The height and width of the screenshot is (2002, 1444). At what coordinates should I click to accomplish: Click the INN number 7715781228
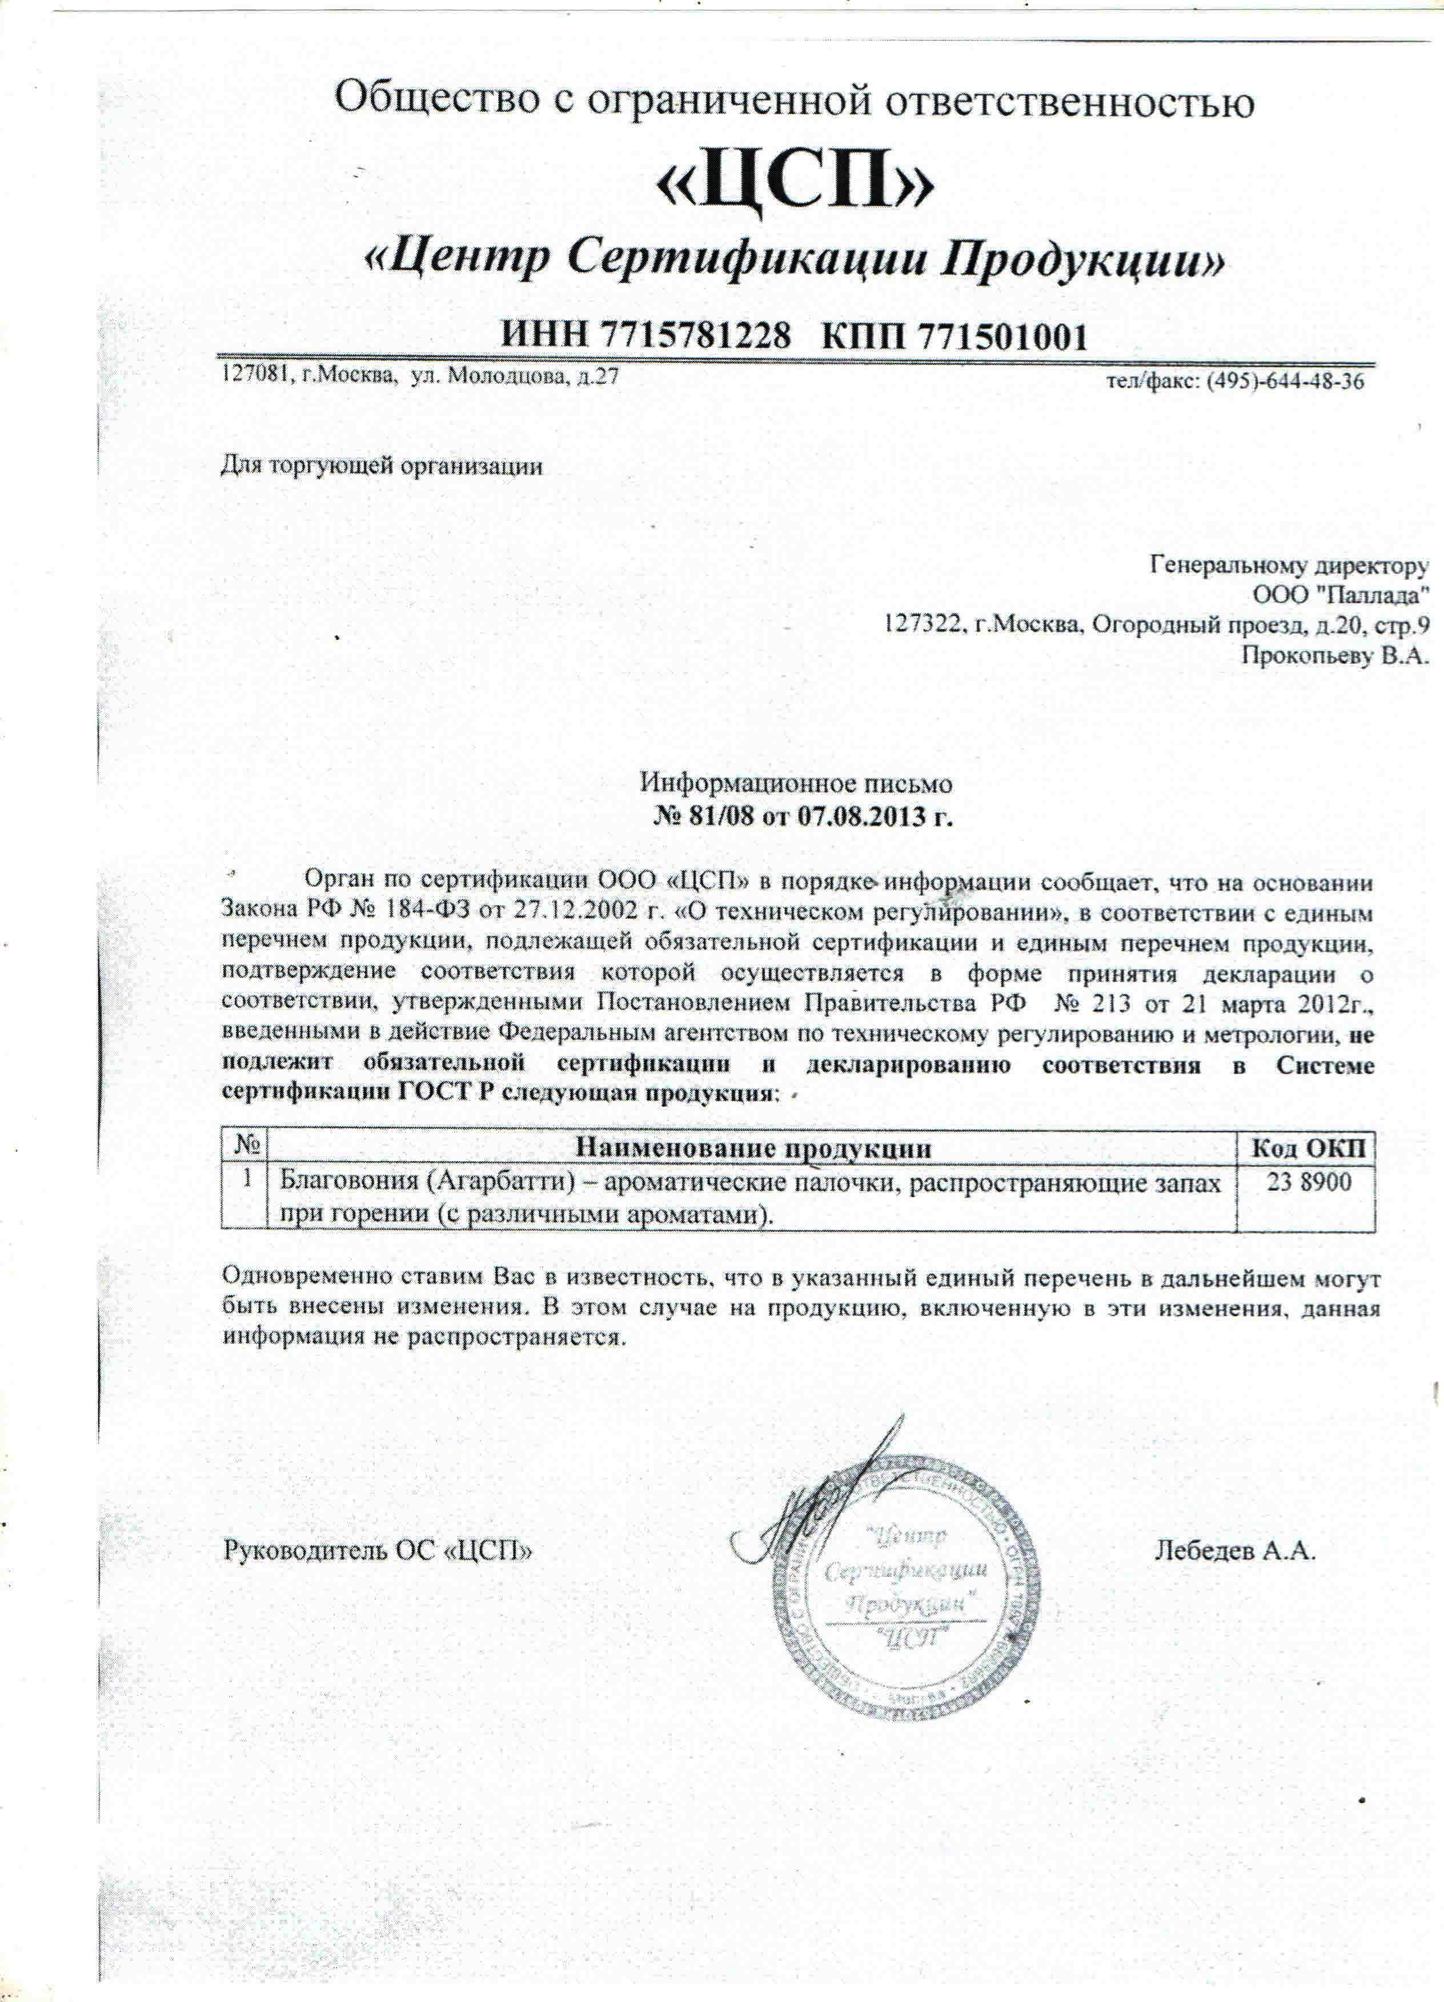click(x=693, y=337)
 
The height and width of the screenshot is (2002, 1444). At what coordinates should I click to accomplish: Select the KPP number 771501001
click(x=1002, y=337)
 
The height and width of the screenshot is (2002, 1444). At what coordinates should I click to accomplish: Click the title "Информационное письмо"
click(x=796, y=782)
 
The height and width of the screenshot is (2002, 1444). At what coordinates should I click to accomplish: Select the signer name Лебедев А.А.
click(x=1236, y=1551)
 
